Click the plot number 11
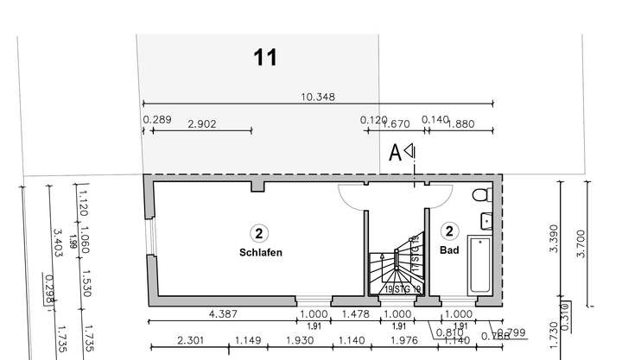point(266,58)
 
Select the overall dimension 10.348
point(318,97)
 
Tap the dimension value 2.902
point(201,123)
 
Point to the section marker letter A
point(395,154)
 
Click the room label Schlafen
point(261,253)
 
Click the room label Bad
point(449,251)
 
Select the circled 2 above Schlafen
point(258,231)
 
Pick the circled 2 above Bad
point(449,231)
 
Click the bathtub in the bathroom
point(479,263)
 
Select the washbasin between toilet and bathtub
point(486,219)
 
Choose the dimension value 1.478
point(355,314)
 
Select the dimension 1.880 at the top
point(460,123)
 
